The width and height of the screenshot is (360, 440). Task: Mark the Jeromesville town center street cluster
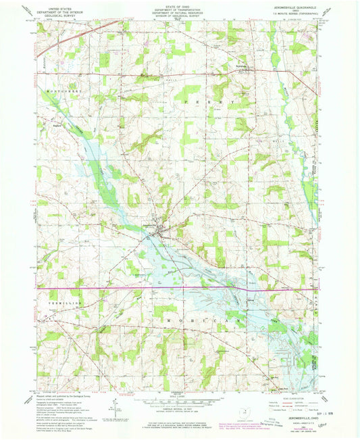click(x=157, y=233)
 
